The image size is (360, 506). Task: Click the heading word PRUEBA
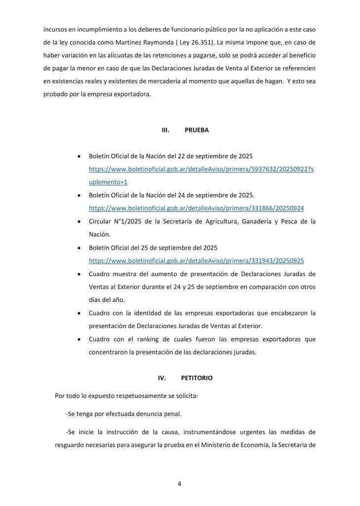[x=197, y=130]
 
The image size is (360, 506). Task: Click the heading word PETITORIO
[x=197, y=378]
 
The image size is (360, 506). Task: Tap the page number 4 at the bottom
[x=179, y=484]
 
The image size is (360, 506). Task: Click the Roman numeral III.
[x=165, y=130]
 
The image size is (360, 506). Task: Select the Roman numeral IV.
[x=162, y=378]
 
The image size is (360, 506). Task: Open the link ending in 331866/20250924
[x=196, y=209]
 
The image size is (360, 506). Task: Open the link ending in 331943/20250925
[x=196, y=261]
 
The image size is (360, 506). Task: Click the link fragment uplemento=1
[x=108, y=182]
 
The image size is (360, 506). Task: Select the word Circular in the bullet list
[x=100, y=221]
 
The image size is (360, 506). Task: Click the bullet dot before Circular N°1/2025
[x=79, y=222]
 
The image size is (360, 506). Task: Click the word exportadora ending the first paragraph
[x=132, y=94]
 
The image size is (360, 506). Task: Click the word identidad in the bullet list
[x=146, y=313]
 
